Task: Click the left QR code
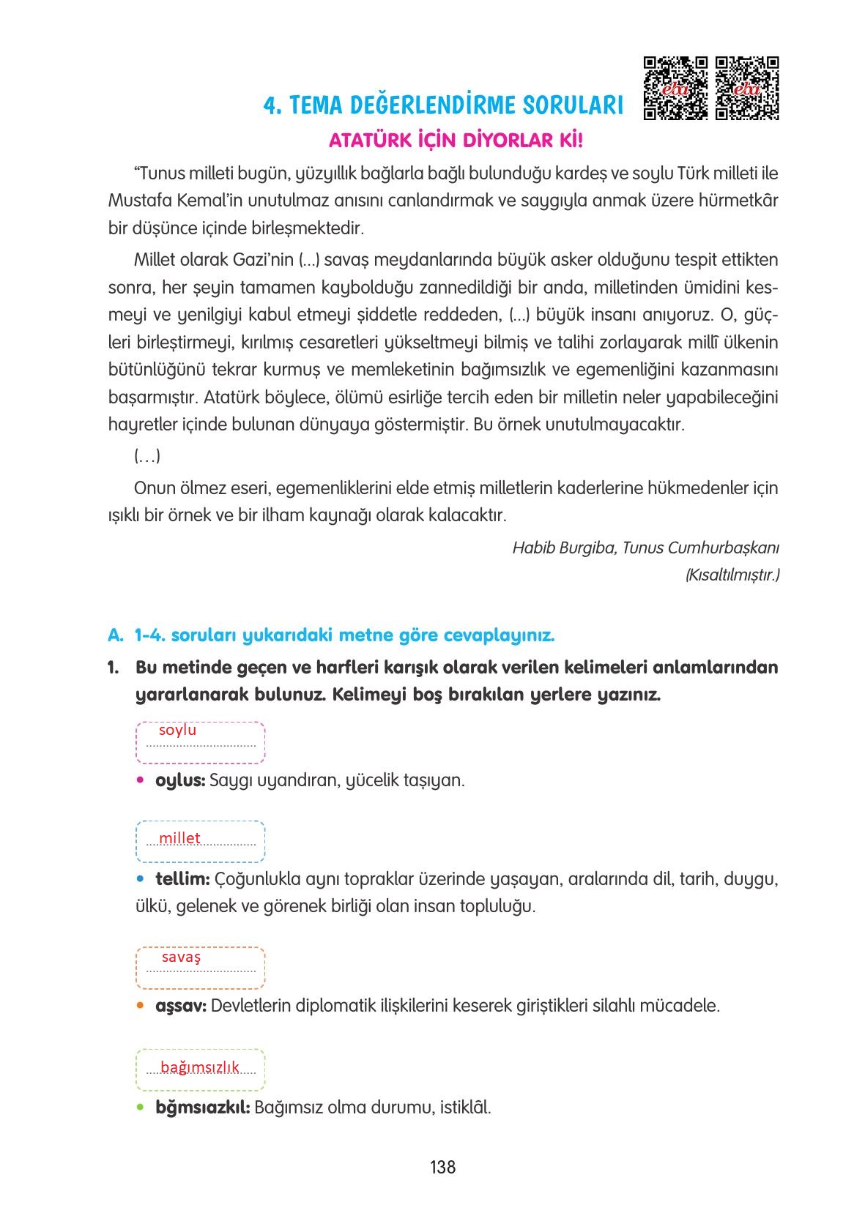[x=675, y=88]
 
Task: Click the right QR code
[x=747, y=88]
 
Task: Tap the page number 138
[x=443, y=1167]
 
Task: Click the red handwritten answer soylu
[x=177, y=730]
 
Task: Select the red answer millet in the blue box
[x=179, y=838]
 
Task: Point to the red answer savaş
[x=181, y=957]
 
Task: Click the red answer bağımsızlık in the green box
[x=200, y=1067]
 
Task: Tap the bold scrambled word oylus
[x=180, y=780]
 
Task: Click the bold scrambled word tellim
[x=182, y=878]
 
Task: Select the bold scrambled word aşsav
[x=181, y=1006]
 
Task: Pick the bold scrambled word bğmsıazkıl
[x=203, y=1107]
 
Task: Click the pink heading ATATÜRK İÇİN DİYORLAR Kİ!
[x=456, y=140]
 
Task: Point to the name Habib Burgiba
[x=563, y=548]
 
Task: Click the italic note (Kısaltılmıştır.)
[x=732, y=575]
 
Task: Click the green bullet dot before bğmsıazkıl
[x=141, y=1108]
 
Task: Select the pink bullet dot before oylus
[x=141, y=781]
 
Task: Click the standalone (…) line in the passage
[x=147, y=456]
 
